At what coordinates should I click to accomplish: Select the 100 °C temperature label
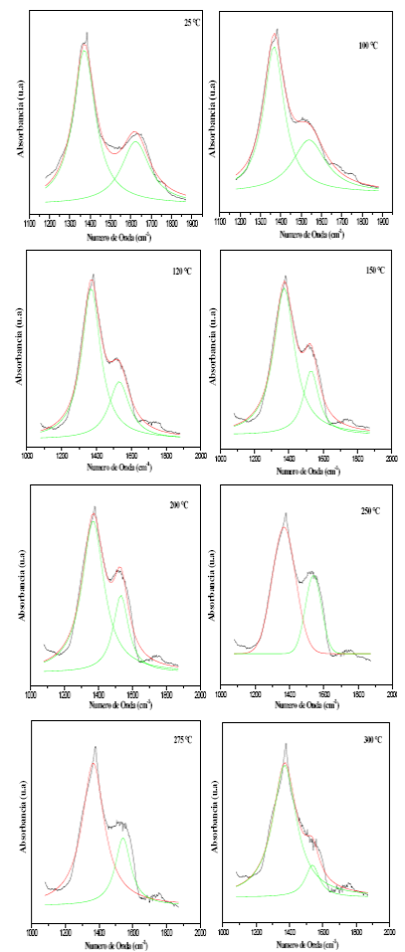[368, 46]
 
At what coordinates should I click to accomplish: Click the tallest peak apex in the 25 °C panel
[87, 33]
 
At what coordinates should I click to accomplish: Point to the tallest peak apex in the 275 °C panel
[95, 747]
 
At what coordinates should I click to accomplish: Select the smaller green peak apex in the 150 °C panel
[311, 371]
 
